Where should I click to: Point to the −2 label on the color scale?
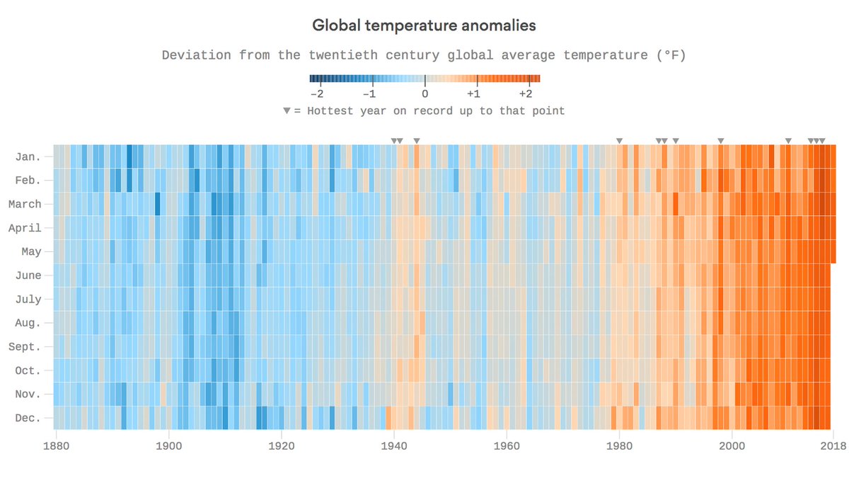pyautogui.click(x=316, y=93)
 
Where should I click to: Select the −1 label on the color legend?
pyautogui.click(x=369, y=93)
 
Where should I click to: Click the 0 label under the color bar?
pyautogui.click(x=424, y=93)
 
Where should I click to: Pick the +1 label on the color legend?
pyautogui.click(x=473, y=93)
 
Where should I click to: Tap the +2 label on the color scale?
pyautogui.click(x=525, y=93)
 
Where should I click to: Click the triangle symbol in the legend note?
pyautogui.click(x=287, y=111)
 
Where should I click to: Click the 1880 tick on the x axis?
pyautogui.click(x=56, y=447)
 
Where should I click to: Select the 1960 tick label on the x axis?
pyautogui.click(x=507, y=447)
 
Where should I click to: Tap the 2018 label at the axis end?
pyautogui.click(x=833, y=447)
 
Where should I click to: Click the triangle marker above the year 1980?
pyautogui.click(x=620, y=141)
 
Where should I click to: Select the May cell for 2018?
pyautogui.click(x=833, y=251)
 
